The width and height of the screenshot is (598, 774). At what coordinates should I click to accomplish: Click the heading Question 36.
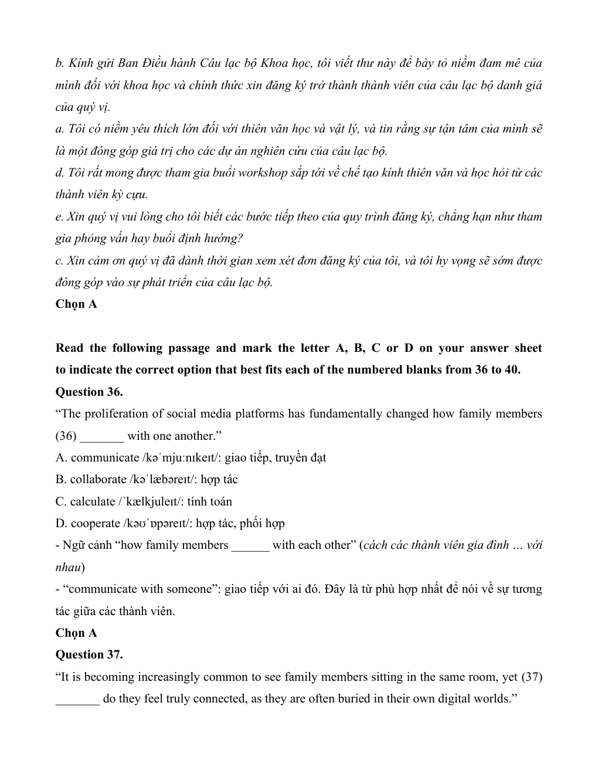coord(89,392)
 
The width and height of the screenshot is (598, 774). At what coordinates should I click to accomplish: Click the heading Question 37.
coord(89,654)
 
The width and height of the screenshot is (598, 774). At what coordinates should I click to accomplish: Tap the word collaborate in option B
coord(98,480)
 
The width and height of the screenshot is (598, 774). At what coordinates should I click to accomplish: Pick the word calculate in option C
coord(93,501)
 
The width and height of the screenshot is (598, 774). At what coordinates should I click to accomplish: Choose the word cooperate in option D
coord(96,523)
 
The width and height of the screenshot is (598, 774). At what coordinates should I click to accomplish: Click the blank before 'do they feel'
coord(77,699)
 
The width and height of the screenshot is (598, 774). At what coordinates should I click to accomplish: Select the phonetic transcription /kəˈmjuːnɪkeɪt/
coord(181,457)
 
